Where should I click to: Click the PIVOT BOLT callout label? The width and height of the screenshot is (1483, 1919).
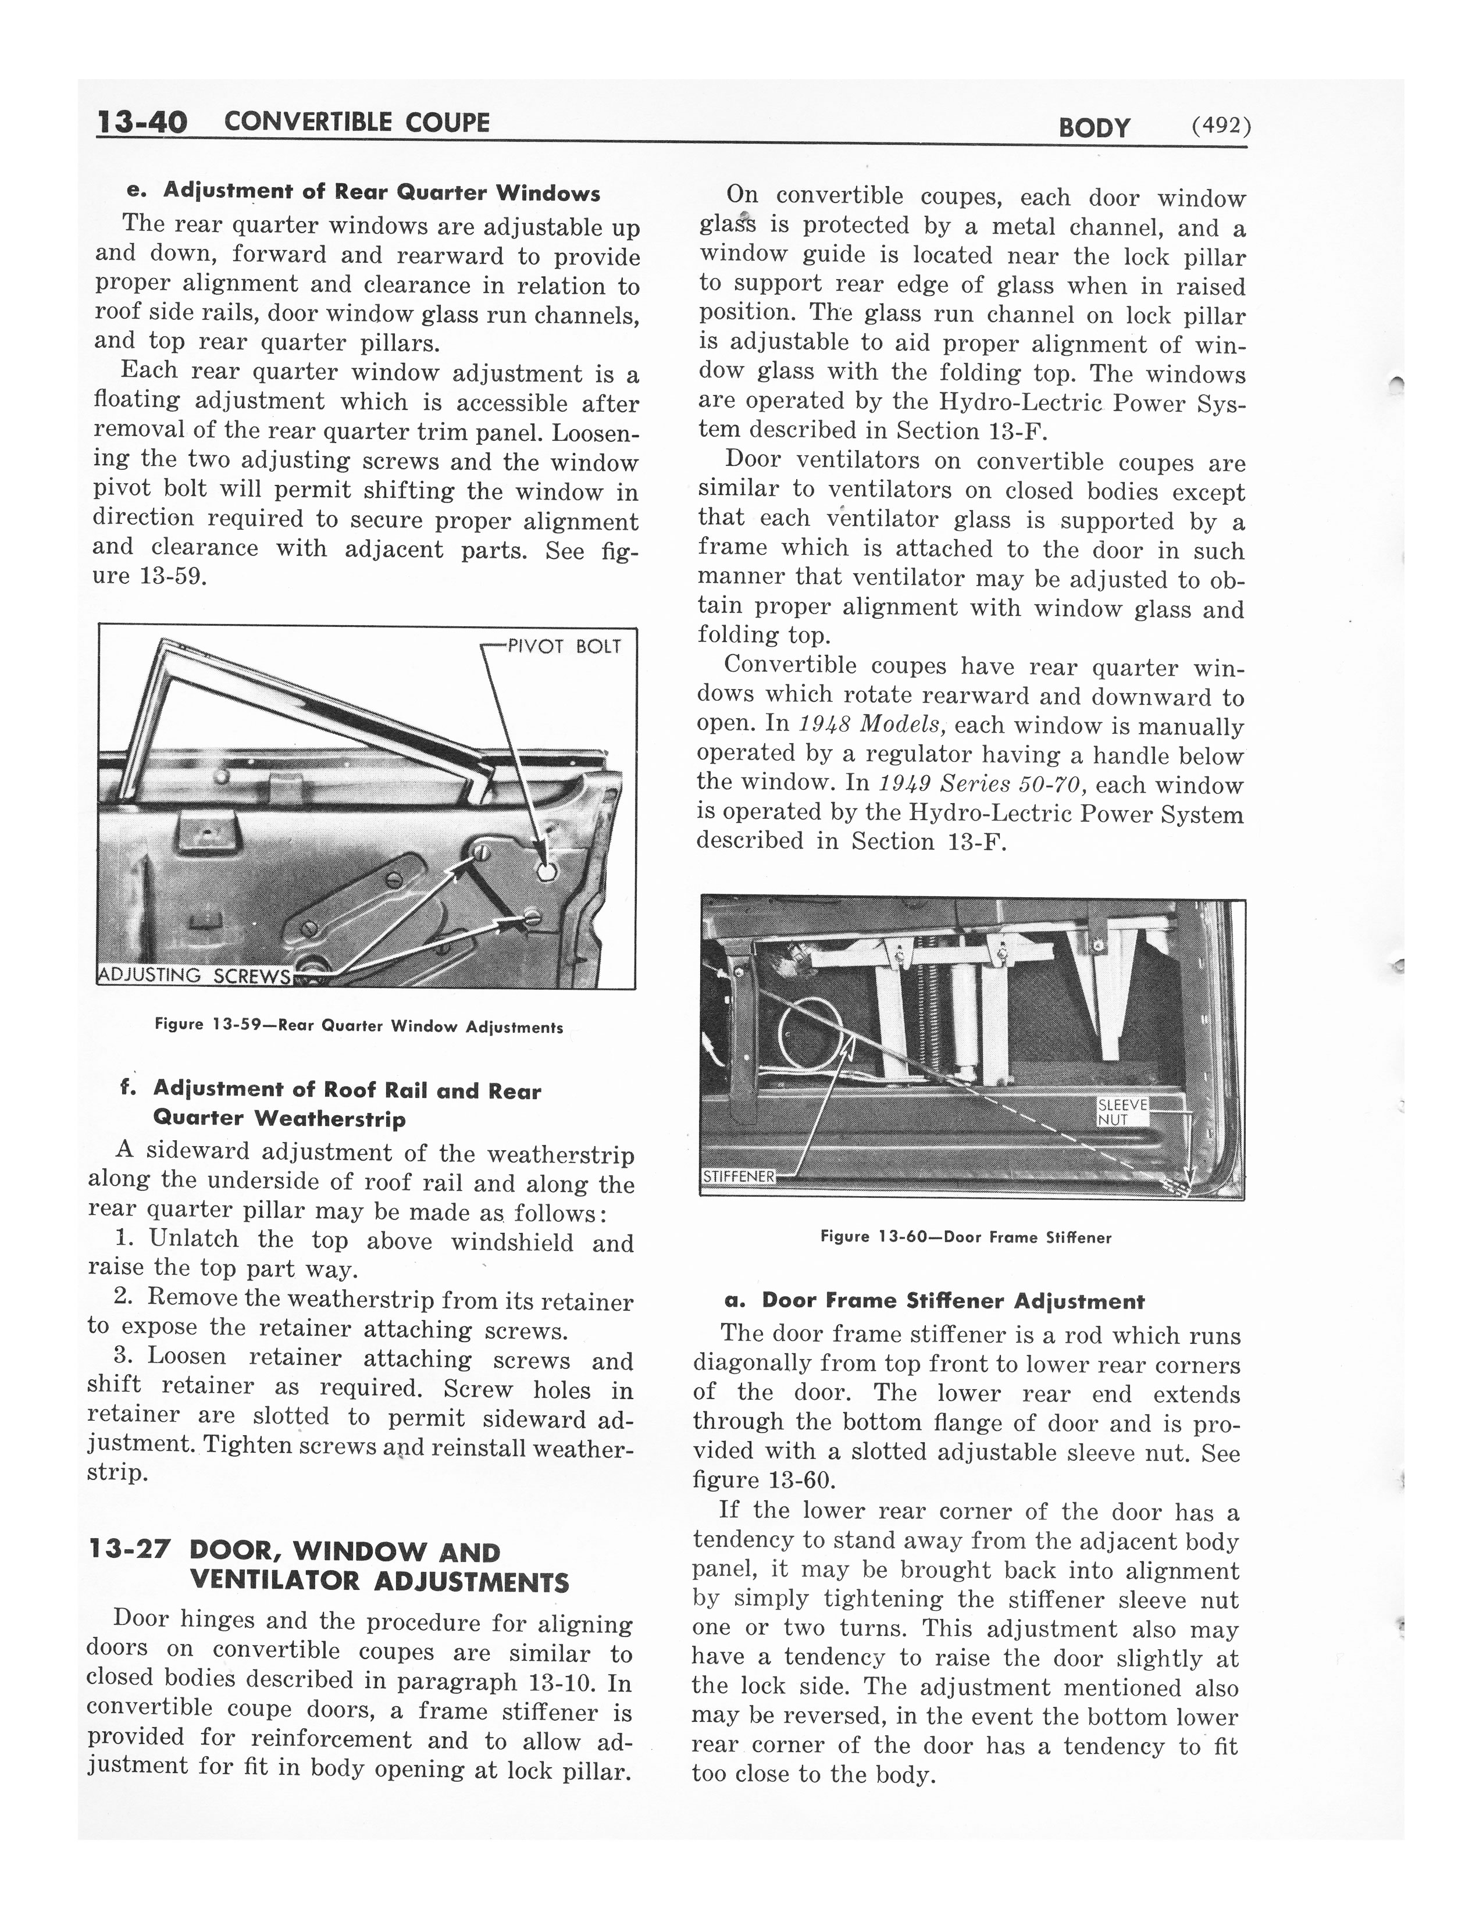click(x=564, y=647)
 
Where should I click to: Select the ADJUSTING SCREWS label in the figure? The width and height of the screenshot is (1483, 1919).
click(x=193, y=975)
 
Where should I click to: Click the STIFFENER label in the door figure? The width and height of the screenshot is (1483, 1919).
click(x=739, y=1176)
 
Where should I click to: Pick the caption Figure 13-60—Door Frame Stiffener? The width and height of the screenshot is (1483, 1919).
click(x=965, y=1237)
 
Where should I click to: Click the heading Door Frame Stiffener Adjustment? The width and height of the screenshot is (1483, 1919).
click(x=953, y=1300)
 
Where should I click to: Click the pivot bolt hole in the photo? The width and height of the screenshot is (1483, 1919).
click(x=545, y=872)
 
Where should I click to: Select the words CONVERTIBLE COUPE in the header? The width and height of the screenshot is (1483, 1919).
click(x=357, y=122)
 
